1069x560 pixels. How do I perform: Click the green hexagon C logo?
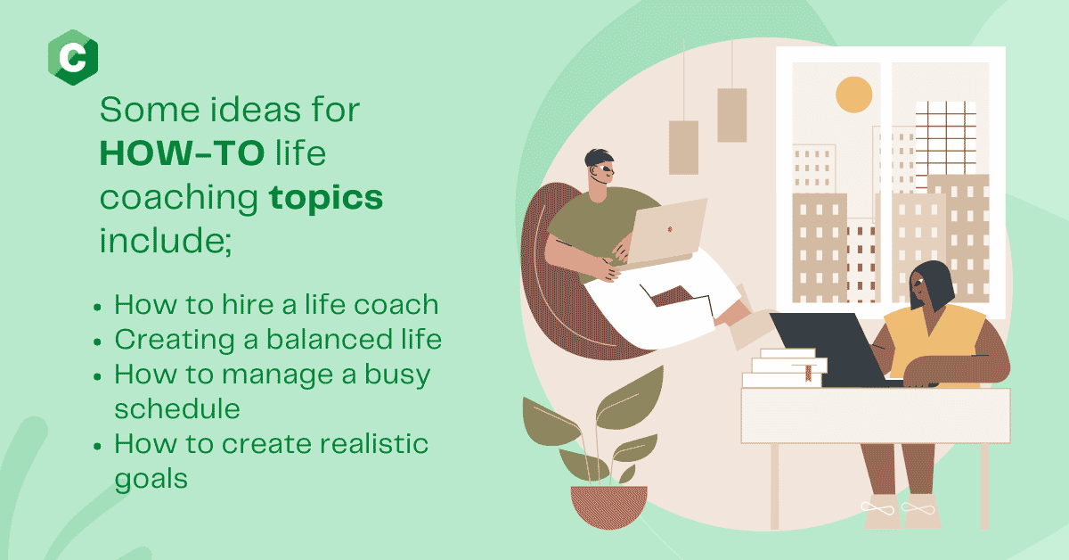coord(73,57)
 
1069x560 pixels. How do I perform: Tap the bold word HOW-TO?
coord(182,153)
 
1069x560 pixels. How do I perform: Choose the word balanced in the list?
coord(330,339)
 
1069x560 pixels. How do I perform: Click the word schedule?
coord(177,409)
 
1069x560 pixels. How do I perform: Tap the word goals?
coord(151,479)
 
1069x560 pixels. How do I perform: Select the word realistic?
coord(373,444)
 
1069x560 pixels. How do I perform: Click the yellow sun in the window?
coord(853,95)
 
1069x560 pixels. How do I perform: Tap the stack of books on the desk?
coord(784,368)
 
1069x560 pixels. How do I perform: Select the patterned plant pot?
coord(608,506)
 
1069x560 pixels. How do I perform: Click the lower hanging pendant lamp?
coord(683,148)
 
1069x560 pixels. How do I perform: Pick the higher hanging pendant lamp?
coord(732,115)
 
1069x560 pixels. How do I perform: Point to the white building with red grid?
coord(945,138)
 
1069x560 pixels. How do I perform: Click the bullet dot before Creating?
coord(97,342)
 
